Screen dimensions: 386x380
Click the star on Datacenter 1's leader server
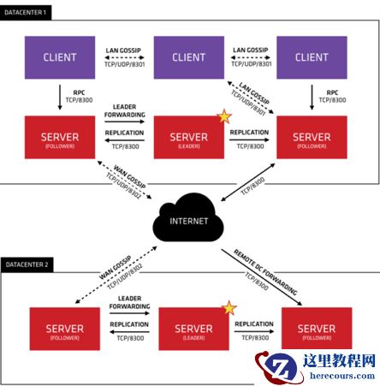pyautogui.click(x=225, y=116)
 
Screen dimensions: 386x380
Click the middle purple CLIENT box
pyautogui.click(x=189, y=57)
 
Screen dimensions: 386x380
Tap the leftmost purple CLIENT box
pyautogui.click(x=59, y=57)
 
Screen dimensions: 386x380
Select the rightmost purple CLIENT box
pyautogui.click(x=311, y=57)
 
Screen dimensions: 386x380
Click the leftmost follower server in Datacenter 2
pyautogui.click(x=63, y=329)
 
